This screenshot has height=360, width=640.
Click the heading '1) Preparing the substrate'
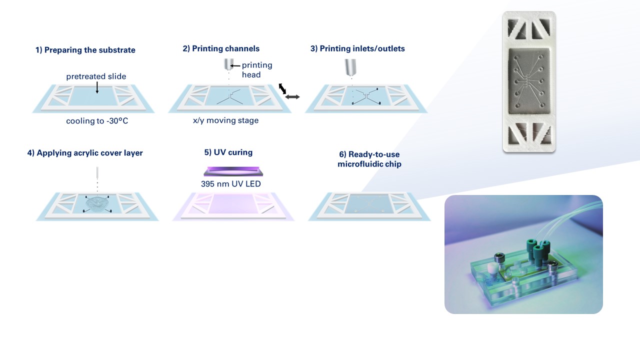(x=85, y=50)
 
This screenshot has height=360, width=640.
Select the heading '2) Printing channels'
(x=221, y=48)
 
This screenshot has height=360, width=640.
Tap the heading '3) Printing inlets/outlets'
(x=357, y=48)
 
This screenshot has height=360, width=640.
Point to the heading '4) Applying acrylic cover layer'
(x=85, y=153)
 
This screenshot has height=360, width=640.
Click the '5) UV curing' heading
(x=228, y=152)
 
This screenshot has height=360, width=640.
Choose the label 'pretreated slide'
(x=96, y=76)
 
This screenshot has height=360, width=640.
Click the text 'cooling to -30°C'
(x=97, y=121)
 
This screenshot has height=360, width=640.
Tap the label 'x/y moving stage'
(x=225, y=120)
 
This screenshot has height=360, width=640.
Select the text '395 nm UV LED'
(x=231, y=183)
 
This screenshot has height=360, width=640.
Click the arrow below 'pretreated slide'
(x=97, y=87)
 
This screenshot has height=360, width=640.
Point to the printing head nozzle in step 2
(x=228, y=64)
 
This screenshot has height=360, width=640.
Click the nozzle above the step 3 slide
(x=350, y=67)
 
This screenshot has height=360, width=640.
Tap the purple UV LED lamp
(x=233, y=171)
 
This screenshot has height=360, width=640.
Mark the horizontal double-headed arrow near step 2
(x=292, y=97)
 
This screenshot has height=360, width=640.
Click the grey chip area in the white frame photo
(x=528, y=81)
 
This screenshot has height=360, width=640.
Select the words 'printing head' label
(x=257, y=69)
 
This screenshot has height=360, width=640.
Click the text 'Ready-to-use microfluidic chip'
(x=369, y=159)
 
